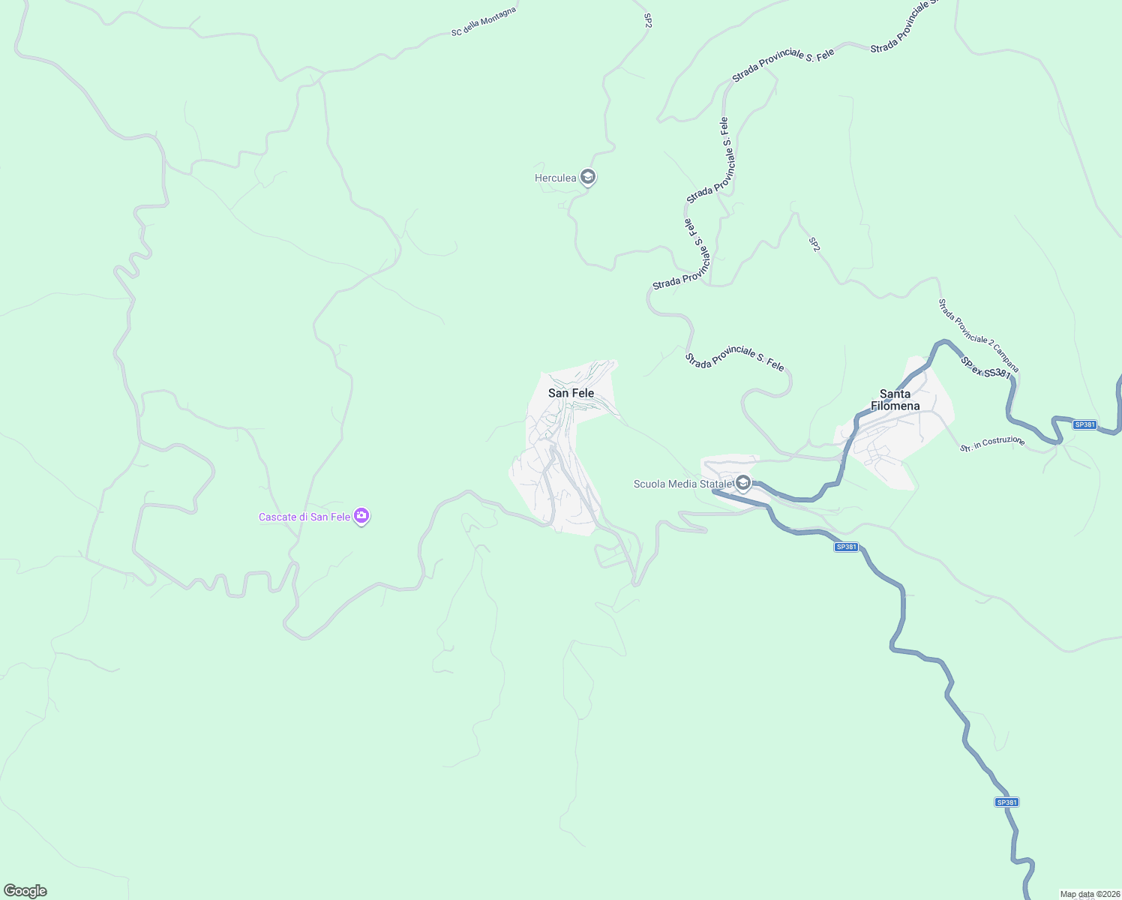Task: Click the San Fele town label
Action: coord(571,393)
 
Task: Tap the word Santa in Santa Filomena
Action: coord(895,394)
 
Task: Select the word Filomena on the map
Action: coord(895,406)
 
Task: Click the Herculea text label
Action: coord(555,178)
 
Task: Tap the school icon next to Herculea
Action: coord(588,178)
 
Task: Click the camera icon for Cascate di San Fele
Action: coord(361,516)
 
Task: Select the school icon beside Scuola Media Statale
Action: coord(743,482)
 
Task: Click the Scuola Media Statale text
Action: coord(682,484)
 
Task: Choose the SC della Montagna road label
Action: coord(484,22)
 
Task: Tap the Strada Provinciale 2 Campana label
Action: coord(979,335)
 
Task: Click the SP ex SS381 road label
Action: coord(985,368)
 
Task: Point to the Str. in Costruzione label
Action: coord(992,444)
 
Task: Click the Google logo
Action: coord(25,891)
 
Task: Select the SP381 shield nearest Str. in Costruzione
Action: coord(1084,424)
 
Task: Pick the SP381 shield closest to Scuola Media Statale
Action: coord(845,547)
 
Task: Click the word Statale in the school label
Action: coord(715,484)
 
